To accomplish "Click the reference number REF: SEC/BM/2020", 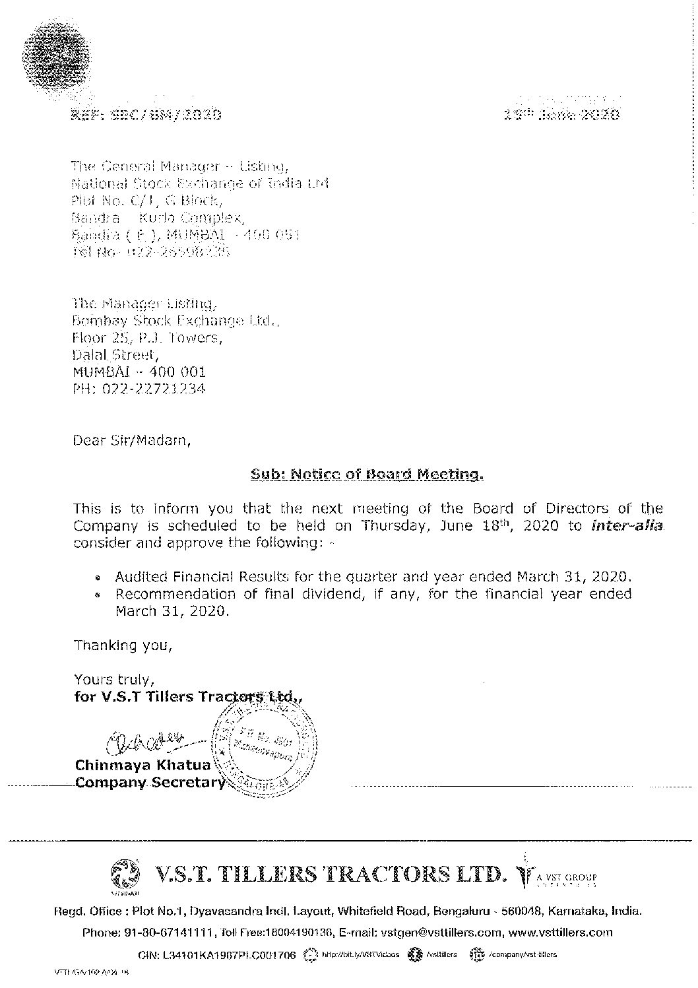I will tap(146, 115).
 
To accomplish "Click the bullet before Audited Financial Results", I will tap(98, 577).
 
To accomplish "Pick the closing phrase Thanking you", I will tap(123, 645).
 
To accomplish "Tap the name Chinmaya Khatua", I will tap(143, 765).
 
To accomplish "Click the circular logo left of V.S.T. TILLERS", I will tap(127, 875).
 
